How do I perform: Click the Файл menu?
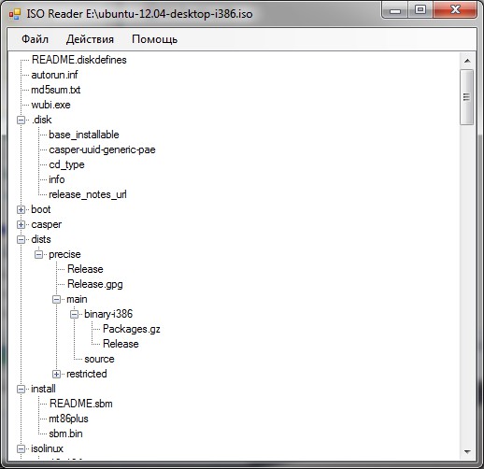[35, 39]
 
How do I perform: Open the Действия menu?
[90, 39]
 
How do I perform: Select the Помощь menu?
[155, 39]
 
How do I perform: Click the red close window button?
[455, 10]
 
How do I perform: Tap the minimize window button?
[395, 11]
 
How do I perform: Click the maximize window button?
[420, 10]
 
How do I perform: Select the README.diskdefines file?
[79, 60]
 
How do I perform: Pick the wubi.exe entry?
[50, 105]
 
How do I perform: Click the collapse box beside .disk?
[21, 120]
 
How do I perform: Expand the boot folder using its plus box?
[21, 209]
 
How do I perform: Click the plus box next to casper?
[21, 224]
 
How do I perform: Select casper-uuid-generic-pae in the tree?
[102, 149]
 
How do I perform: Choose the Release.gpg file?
[95, 284]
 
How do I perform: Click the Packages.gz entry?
[132, 329]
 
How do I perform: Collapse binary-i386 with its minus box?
[74, 314]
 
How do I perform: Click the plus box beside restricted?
[56, 374]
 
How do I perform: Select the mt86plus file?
[68, 419]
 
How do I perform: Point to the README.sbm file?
[80, 404]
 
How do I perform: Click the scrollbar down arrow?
[467, 451]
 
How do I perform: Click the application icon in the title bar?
[15, 14]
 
